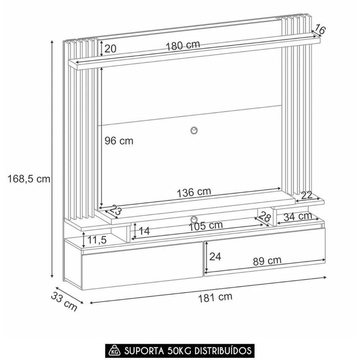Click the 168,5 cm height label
click(x=29, y=179)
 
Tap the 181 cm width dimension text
click(x=215, y=297)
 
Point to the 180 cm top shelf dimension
click(x=183, y=45)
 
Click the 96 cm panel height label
click(x=119, y=141)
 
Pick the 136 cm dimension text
click(x=194, y=192)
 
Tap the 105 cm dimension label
click(x=206, y=226)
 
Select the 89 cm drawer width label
click(x=267, y=261)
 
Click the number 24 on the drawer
click(x=215, y=256)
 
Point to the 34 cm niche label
click(x=298, y=216)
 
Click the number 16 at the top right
click(x=319, y=29)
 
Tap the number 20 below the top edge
click(x=110, y=49)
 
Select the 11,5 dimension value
click(x=97, y=240)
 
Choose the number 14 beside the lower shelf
click(x=144, y=231)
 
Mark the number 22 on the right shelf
click(x=307, y=195)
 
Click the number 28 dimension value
click(x=265, y=216)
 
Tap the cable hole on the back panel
click(x=194, y=130)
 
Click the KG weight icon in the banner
click(x=114, y=351)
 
